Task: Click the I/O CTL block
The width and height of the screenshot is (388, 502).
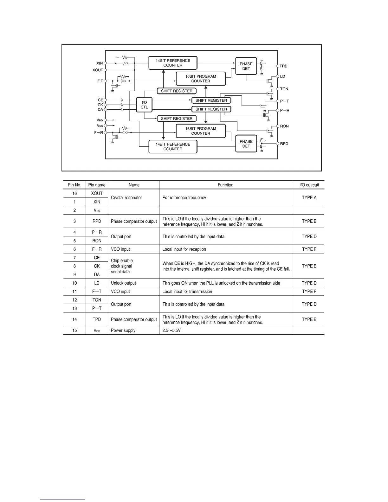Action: tap(144, 105)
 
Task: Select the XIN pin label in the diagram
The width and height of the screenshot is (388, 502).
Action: tap(100, 63)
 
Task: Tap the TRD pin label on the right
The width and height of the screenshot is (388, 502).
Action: tap(283, 66)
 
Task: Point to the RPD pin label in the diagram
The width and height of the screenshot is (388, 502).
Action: tap(284, 144)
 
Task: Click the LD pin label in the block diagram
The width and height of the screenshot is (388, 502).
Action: tap(283, 76)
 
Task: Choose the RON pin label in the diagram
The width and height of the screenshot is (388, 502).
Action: tap(284, 126)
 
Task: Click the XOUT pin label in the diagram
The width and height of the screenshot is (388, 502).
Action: tap(98, 70)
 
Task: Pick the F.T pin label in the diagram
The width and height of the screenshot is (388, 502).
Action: tap(100, 81)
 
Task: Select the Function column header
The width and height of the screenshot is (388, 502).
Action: tap(225, 185)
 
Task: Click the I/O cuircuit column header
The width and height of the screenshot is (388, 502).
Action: tap(309, 185)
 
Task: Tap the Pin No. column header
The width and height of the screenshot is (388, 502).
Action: tap(74, 185)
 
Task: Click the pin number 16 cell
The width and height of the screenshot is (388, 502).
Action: tap(74, 193)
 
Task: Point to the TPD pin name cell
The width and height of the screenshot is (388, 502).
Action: tap(97, 319)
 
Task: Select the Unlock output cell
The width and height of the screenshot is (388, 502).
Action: tap(123, 283)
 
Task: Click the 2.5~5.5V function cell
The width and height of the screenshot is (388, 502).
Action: tap(171, 330)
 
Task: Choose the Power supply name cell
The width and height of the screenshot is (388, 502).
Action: tap(123, 330)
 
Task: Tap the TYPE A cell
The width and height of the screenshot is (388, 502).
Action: tap(309, 197)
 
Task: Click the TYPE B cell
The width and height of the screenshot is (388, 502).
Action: tap(309, 266)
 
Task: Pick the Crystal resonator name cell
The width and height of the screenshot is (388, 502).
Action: tap(126, 197)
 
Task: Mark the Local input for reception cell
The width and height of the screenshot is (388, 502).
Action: tap(184, 249)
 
